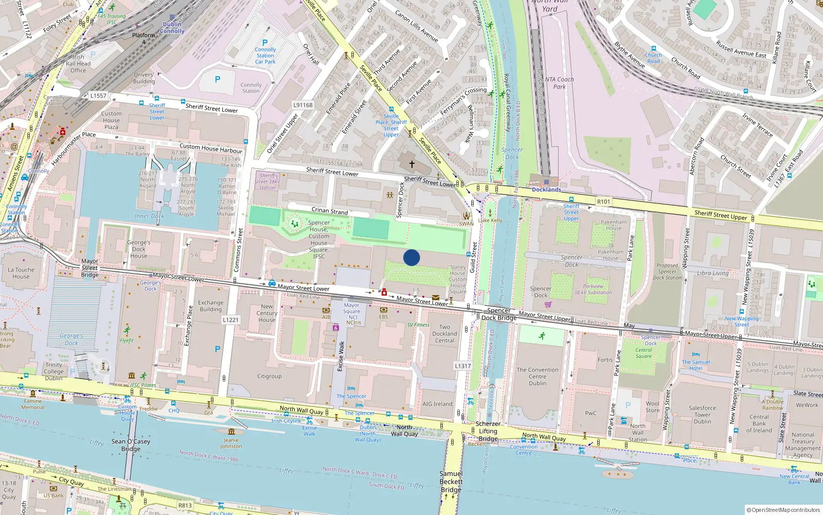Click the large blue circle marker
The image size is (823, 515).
click(x=411, y=257)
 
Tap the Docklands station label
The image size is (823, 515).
click(x=546, y=190)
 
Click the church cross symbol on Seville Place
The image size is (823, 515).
click(x=411, y=164)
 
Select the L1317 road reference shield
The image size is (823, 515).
click(x=462, y=366)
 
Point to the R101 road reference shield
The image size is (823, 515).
click(x=603, y=202)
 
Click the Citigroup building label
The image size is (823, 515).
click(x=270, y=376)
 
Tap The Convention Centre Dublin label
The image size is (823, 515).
click(x=538, y=376)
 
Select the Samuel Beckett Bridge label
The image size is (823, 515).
click(x=451, y=482)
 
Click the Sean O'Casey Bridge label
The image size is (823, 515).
click(x=131, y=445)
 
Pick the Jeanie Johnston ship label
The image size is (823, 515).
click(x=231, y=443)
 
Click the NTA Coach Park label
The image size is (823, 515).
click(x=559, y=83)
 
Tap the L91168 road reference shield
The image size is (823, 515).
click(x=303, y=105)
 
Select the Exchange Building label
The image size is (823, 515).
click(x=210, y=306)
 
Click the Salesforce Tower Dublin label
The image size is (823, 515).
click(x=702, y=415)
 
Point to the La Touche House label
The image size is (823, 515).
click(x=21, y=273)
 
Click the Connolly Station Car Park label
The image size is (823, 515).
click(x=265, y=56)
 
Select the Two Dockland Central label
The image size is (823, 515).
click(x=444, y=334)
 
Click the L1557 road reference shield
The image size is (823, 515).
click(x=98, y=96)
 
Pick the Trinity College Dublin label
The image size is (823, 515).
click(x=53, y=371)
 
